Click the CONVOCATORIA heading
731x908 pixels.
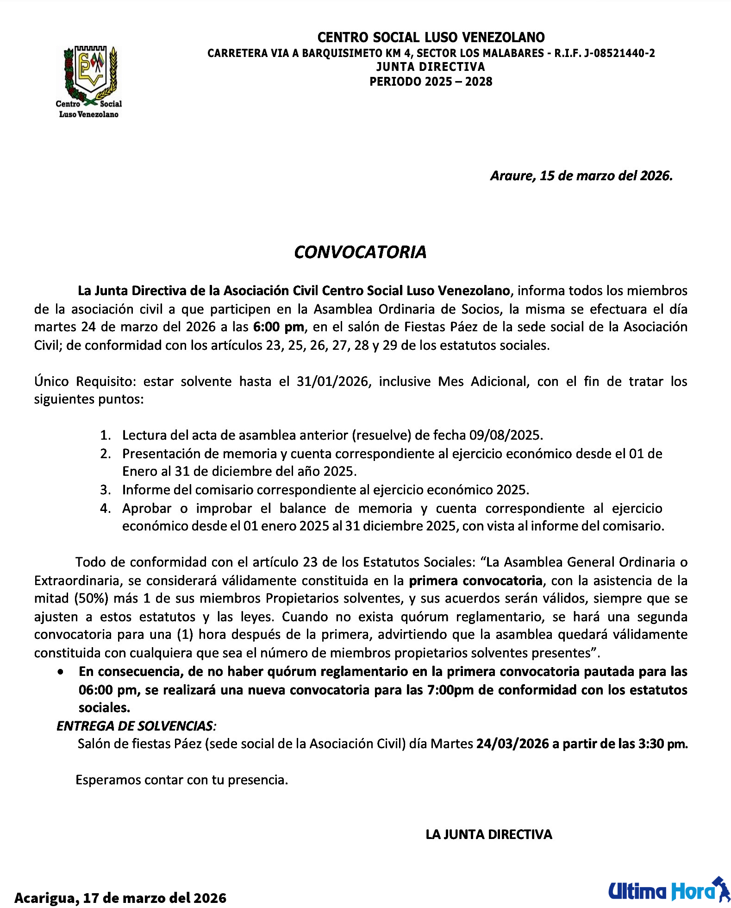pos(360,252)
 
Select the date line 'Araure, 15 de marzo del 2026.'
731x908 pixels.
pos(581,176)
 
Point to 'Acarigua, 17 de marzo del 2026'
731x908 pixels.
pos(120,897)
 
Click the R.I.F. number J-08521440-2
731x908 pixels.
pos(619,53)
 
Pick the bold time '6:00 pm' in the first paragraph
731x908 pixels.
pos(278,327)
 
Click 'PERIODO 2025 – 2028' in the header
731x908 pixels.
pos(431,82)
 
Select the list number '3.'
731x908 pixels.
pos(106,490)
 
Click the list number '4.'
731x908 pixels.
pos(106,508)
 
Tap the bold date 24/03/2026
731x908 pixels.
pos(512,744)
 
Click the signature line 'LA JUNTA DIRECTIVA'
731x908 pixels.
pos(489,834)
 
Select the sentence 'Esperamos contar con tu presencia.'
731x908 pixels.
pos(182,780)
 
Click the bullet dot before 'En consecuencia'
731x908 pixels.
pos(61,672)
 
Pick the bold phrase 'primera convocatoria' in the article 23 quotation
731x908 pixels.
pos(476,580)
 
